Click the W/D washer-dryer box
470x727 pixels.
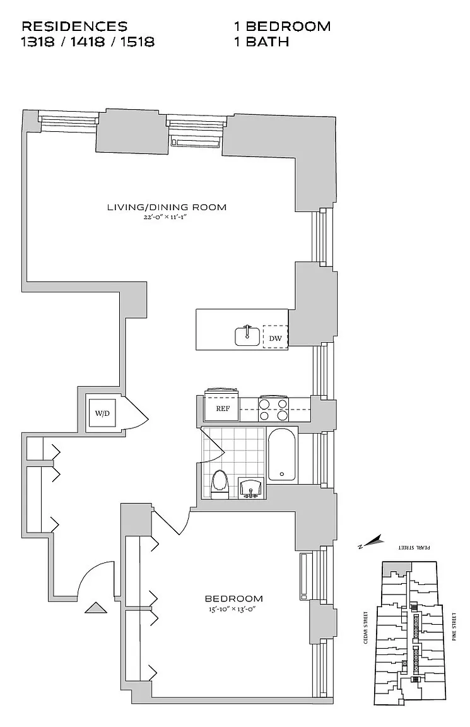click(x=102, y=413)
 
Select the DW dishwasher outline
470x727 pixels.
click(x=275, y=339)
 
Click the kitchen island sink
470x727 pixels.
click(x=247, y=336)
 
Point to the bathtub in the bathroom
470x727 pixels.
click(x=281, y=455)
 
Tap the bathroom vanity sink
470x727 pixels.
click(x=252, y=488)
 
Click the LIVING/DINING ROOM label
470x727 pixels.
click(x=167, y=207)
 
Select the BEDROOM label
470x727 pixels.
click(x=233, y=598)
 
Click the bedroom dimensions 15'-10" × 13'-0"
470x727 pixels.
click(x=233, y=609)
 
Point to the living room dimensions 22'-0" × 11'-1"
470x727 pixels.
click(x=167, y=218)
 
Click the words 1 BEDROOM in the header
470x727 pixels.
click(x=282, y=27)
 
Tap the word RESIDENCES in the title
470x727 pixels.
click(x=74, y=27)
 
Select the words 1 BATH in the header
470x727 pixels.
click(x=261, y=42)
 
